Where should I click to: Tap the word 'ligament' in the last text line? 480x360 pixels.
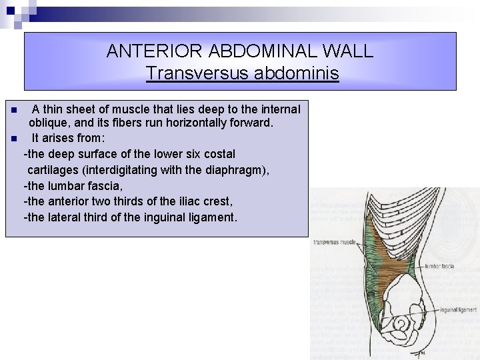[x=212, y=217]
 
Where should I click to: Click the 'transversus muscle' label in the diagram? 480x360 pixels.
[x=334, y=243]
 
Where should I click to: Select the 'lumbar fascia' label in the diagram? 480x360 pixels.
[x=439, y=266]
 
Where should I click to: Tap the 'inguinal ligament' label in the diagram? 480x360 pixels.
[x=458, y=310]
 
